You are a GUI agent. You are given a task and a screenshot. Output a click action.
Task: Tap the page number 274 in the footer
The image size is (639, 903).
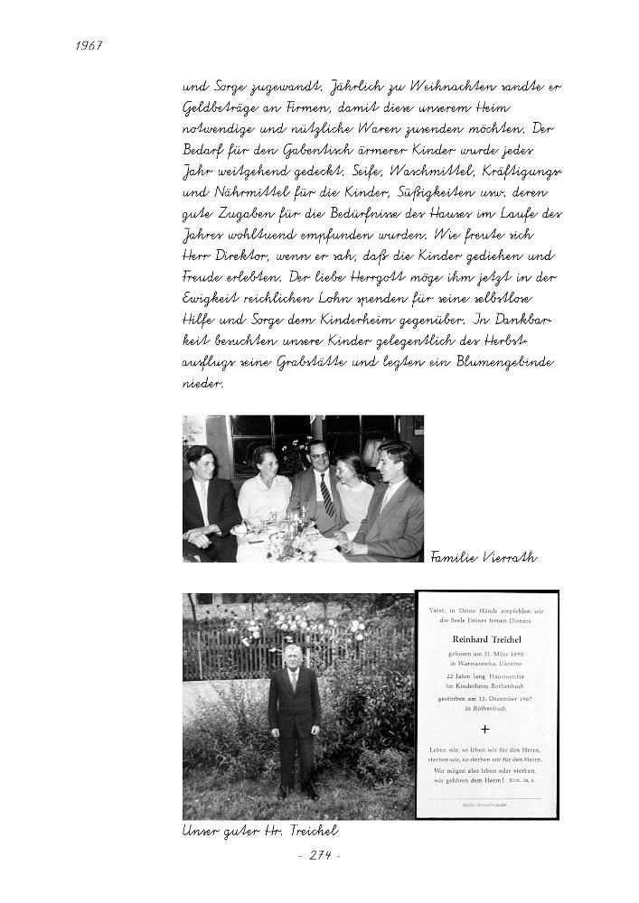(320, 855)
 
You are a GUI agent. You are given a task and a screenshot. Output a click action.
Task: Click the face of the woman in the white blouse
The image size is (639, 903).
(264, 460)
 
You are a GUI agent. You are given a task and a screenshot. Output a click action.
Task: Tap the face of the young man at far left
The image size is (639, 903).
(200, 461)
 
